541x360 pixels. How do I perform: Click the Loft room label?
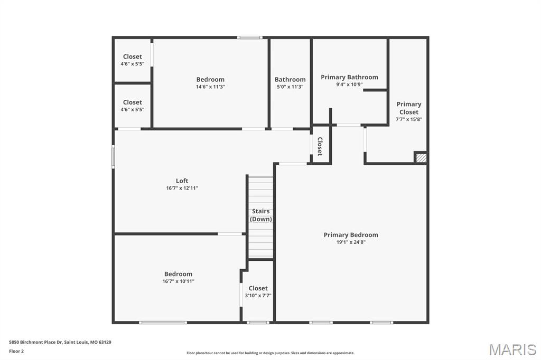click(x=182, y=181)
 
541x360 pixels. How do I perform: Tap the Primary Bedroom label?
click(x=351, y=235)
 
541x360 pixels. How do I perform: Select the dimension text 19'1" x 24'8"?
click(x=351, y=242)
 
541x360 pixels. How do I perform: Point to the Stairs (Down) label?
click(x=261, y=215)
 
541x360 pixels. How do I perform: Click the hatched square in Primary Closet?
click(x=421, y=158)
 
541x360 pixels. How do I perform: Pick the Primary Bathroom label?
click(x=349, y=77)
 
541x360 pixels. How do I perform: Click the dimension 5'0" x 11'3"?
click(x=290, y=87)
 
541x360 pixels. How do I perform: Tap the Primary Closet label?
click(x=409, y=108)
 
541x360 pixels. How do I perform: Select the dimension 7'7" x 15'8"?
click(x=409, y=119)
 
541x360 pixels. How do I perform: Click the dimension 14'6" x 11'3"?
click(x=210, y=87)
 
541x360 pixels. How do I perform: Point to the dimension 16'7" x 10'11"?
click(x=179, y=281)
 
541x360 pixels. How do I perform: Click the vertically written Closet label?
click(x=320, y=146)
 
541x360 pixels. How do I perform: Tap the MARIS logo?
click(x=512, y=349)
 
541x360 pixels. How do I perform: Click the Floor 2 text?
click(x=16, y=352)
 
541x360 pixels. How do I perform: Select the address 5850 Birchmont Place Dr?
click(x=35, y=343)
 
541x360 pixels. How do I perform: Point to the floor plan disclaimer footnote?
click(x=270, y=353)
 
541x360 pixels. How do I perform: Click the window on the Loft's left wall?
click(x=113, y=157)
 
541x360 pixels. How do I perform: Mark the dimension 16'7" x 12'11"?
click(x=182, y=188)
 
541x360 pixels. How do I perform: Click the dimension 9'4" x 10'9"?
click(x=350, y=84)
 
